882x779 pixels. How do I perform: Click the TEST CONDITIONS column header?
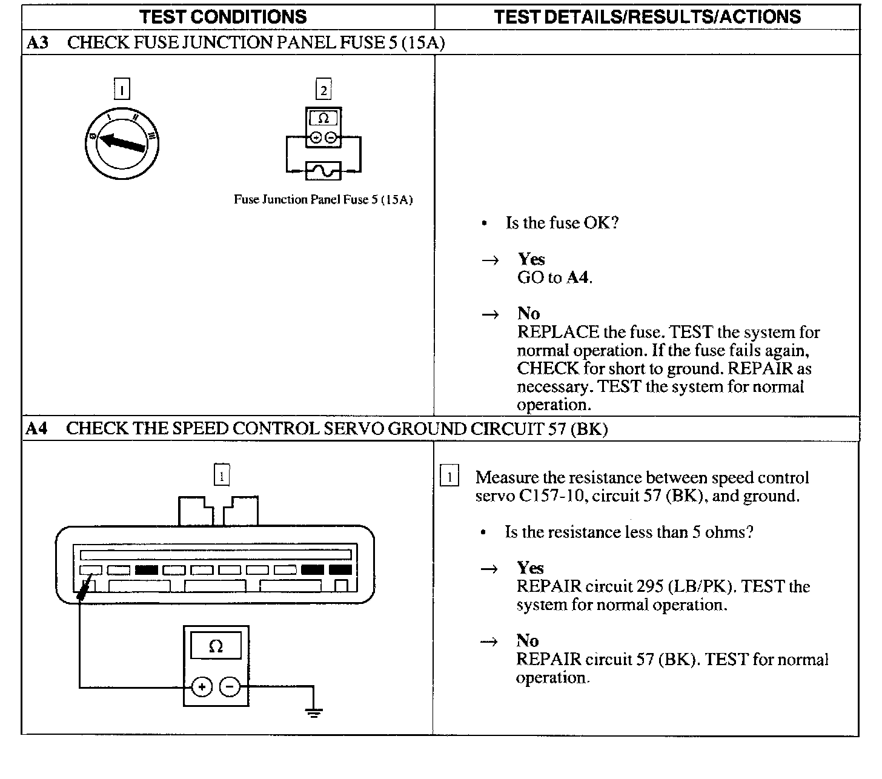[x=224, y=16]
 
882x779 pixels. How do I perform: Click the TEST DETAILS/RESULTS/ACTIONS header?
[x=647, y=16]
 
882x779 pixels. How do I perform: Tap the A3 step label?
[x=38, y=42]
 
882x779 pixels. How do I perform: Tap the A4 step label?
[x=36, y=429]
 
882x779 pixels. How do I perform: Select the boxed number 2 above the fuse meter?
[x=323, y=90]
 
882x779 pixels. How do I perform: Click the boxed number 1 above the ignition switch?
[x=122, y=90]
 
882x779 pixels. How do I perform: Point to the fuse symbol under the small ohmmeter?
[x=323, y=171]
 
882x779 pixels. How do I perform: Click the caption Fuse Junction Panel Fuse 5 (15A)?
[x=323, y=199]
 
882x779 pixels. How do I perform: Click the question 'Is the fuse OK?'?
[x=562, y=223]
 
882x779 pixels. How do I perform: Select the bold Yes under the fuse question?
[x=531, y=259]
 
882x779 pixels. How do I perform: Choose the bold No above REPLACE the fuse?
[x=528, y=313]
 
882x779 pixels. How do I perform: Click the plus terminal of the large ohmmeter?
[x=202, y=687]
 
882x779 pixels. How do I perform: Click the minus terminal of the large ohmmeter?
[x=230, y=687]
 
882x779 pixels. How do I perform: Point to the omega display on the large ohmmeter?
[x=216, y=647]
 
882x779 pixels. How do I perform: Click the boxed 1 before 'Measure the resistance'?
[x=449, y=477]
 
